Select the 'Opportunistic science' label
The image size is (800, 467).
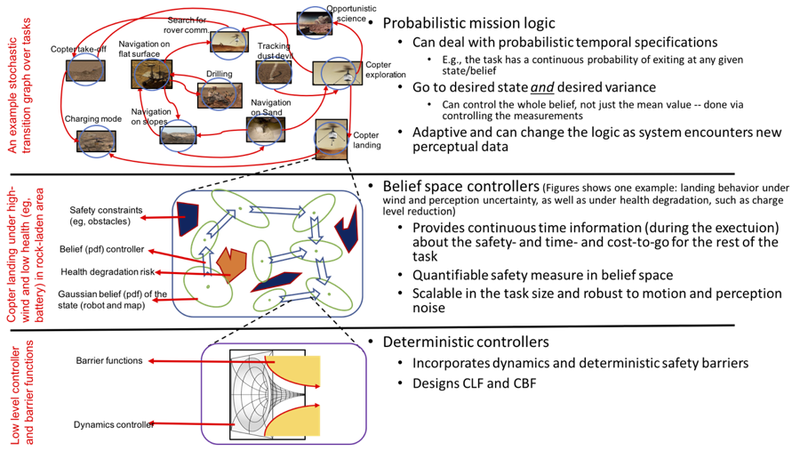[x=346, y=12]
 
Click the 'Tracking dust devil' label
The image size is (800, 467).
[x=274, y=51]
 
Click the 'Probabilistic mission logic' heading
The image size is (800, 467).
[x=468, y=22]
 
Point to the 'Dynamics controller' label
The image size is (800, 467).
[x=114, y=424]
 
